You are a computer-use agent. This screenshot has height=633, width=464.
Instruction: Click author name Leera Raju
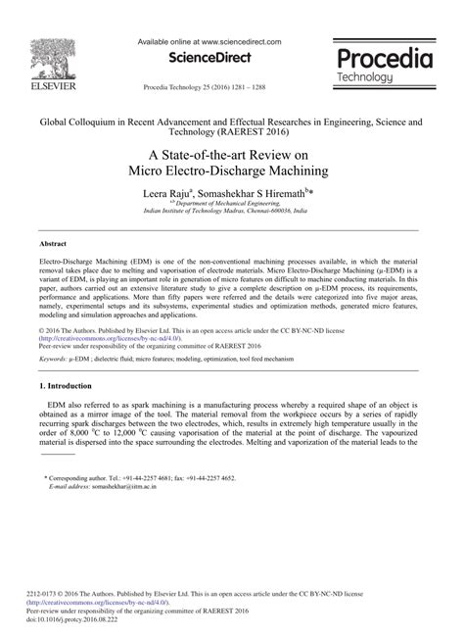coord(170,194)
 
